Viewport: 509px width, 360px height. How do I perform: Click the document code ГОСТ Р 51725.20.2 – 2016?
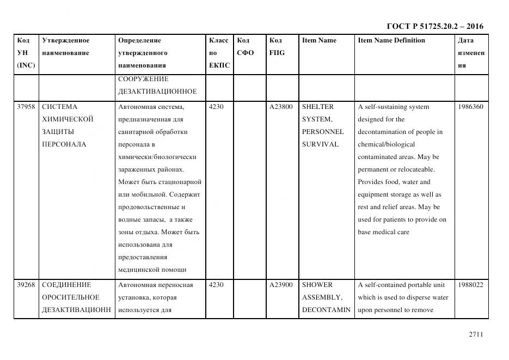point(434,26)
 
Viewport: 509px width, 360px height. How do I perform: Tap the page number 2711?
point(476,334)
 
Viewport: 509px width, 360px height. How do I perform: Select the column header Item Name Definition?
point(391,40)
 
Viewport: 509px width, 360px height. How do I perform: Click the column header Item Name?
point(319,40)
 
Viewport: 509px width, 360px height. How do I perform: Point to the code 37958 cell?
point(26,107)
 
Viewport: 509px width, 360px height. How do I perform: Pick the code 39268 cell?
point(26,285)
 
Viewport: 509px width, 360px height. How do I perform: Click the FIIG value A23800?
point(281,107)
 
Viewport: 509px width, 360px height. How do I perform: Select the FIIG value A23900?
point(281,285)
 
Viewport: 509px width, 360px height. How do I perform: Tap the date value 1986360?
point(470,107)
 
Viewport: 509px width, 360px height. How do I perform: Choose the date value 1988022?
point(470,285)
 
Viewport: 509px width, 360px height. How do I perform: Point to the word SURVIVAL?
point(320,144)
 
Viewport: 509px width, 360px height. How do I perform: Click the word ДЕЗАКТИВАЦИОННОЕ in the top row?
point(157,91)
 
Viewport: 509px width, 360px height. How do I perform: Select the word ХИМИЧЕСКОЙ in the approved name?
point(68,119)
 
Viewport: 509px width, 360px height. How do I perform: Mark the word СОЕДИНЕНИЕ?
point(66,285)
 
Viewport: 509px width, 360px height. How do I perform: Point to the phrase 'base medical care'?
point(383,232)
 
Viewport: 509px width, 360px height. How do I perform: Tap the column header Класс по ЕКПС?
point(219,53)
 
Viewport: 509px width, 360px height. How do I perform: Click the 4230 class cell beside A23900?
point(216,285)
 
